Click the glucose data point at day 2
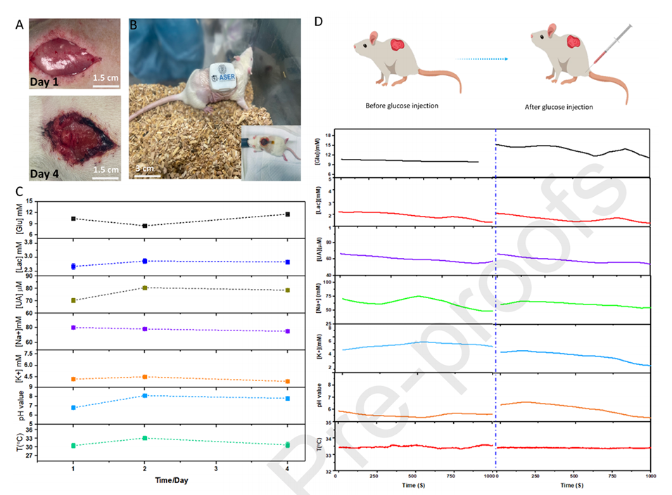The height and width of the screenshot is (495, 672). pos(144,226)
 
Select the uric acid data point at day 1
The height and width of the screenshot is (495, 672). pos(73,300)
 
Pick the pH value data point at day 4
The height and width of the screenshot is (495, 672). pos(286,399)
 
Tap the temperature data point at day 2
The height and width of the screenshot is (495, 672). pos(144,438)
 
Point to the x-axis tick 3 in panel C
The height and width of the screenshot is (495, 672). pos(215,468)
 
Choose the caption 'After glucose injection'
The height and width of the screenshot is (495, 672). pos(559,107)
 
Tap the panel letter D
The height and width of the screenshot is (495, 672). pos(318,22)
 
